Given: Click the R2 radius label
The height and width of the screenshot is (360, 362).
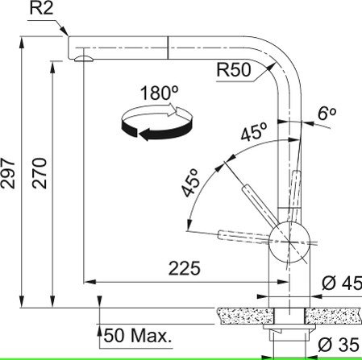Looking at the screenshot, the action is (x=41, y=9).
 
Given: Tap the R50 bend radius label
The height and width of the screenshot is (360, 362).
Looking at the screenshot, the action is (x=234, y=70).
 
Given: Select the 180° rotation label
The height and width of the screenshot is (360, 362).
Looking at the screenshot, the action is (x=159, y=93).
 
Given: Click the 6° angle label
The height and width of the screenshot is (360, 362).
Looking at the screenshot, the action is (x=327, y=114).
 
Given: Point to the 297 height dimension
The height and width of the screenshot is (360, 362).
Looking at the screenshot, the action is (x=8, y=173).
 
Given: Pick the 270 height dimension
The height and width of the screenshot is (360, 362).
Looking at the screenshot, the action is (x=40, y=173).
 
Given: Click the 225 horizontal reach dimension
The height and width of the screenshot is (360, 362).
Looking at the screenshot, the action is (x=185, y=268).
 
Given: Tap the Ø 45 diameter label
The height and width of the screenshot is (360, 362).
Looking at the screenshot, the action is (x=342, y=283).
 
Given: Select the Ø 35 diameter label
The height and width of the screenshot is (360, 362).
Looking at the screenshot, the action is (x=339, y=345).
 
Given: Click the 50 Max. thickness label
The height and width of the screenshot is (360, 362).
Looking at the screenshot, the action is (x=138, y=336).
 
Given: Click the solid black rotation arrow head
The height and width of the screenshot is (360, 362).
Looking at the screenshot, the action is (x=146, y=134).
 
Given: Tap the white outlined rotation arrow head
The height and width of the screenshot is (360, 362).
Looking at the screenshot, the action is (x=172, y=110).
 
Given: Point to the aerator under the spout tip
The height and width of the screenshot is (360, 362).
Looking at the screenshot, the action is (x=84, y=59).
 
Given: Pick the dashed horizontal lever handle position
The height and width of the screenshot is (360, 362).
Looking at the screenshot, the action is (x=244, y=237).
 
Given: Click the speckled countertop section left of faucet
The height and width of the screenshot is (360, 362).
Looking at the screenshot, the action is (x=246, y=316).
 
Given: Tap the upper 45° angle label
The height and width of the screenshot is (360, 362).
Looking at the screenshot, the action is (x=254, y=131).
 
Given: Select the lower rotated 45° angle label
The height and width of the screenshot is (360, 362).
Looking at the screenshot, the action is (x=190, y=183).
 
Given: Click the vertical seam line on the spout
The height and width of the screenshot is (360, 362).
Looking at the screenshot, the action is (x=168, y=48).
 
